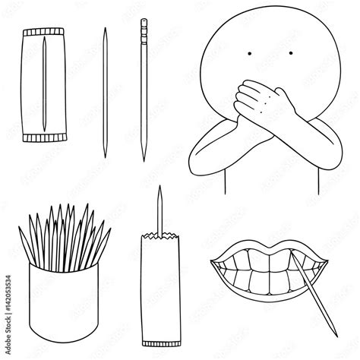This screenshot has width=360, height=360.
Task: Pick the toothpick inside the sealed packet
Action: tap(45, 85)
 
